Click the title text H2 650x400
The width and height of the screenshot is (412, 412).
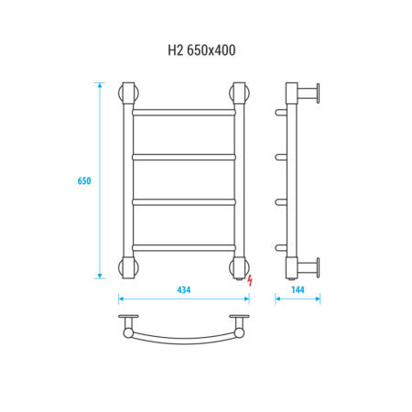click(x=201, y=50)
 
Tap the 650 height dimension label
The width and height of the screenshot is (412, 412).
click(x=84, y=181)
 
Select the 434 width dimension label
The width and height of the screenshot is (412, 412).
click(x=184, y=289)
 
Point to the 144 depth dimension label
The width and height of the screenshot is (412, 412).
click(x=298, y=289)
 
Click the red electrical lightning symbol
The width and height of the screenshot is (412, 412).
click(x=250, y=280)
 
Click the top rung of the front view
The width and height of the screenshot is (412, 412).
click(x=184, y=113)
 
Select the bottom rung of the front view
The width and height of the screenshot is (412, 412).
click(x=184, y=248)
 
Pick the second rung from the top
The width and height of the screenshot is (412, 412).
click(x=184, y=157)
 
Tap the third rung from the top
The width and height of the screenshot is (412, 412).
click(x=184, y=202)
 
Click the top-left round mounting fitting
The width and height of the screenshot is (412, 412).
click(x=128, y=93)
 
